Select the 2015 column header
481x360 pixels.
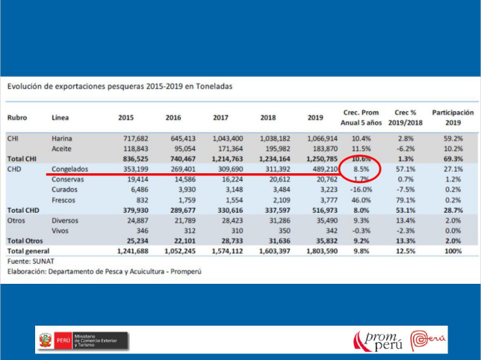(126, 118)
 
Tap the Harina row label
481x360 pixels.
(62, 139)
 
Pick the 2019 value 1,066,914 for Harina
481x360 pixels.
(322, 139)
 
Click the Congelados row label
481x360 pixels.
(71, 170)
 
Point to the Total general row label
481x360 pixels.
(29, 251)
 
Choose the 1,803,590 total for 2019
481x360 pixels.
(322, 251)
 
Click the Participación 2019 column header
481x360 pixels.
(453, 117)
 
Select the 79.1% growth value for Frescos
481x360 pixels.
(406, 200)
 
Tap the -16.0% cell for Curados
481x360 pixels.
(360, 190)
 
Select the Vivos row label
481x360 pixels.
(61, 231)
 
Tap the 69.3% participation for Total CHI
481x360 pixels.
(453, 159)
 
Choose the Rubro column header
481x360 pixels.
(17, 118)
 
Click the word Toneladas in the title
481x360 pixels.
(211, 87)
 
